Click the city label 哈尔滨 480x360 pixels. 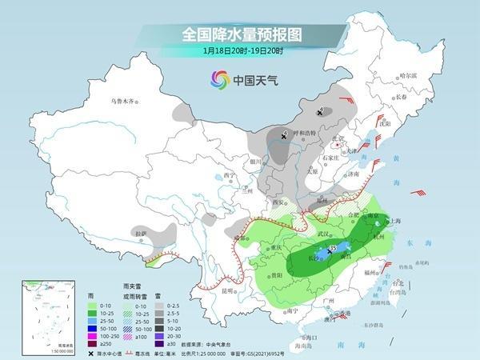(x=409, y=75)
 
